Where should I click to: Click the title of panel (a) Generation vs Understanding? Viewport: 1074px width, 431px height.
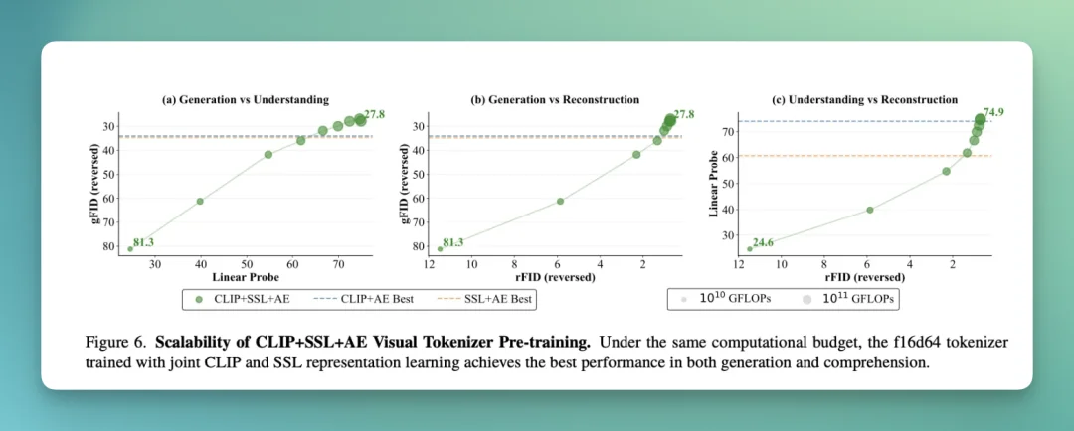(246, 99)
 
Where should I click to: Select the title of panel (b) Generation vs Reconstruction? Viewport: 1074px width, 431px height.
(555, 99)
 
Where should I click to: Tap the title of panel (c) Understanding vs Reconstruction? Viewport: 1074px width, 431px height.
(864, 99)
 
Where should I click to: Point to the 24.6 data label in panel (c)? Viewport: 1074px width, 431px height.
(763, 243)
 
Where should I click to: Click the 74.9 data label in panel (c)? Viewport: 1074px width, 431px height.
(993, 111)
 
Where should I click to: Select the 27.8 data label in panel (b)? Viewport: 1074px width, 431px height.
(684, 114)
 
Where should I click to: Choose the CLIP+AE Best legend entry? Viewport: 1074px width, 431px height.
(371, 298)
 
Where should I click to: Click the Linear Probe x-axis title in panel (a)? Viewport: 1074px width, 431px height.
(246, 277)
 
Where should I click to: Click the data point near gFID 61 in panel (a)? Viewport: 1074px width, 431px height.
(200, 202)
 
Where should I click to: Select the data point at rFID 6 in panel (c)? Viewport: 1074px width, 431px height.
(869, 210)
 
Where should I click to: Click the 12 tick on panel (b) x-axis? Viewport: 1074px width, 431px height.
(430, 264)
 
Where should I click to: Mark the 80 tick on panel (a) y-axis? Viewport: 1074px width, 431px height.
(108, 245)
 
